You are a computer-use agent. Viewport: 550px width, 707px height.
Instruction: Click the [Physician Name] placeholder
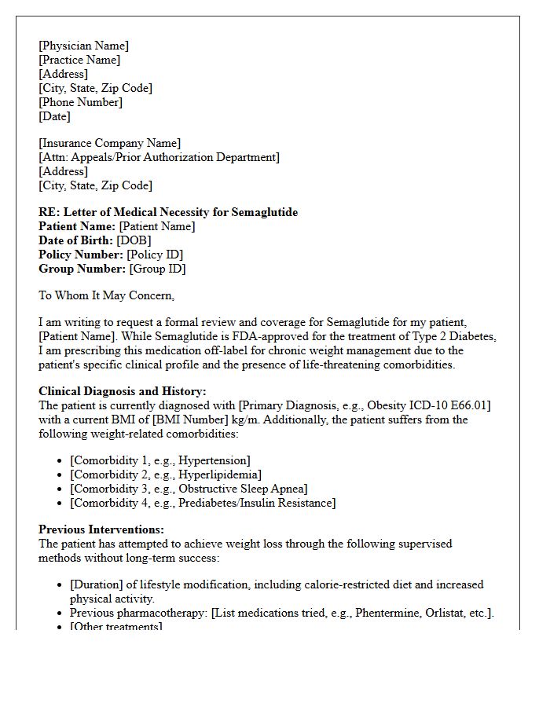click(x=83, y=46)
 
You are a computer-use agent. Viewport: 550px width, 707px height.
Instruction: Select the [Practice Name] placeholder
click(x=79, y=60)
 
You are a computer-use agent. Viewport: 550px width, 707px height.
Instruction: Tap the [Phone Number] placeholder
click(x=80, y=102)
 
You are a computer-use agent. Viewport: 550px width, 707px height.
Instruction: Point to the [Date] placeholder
click(x=54, y=116)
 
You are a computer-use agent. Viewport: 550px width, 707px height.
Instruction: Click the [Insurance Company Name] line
click(x=109, y=143)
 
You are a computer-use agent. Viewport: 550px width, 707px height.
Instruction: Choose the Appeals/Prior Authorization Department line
click(x=159, y=157)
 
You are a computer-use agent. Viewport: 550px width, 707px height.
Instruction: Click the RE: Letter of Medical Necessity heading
click(x=168, y=212)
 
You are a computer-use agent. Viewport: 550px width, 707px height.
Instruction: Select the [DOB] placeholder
click(x=134, y=240)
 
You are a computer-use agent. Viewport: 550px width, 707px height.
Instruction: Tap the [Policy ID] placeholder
click(x=156, y=255)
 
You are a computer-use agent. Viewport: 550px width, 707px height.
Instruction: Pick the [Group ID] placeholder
click(x=157, y=269)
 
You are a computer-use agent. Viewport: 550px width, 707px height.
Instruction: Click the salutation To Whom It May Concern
click(x=106, y=295)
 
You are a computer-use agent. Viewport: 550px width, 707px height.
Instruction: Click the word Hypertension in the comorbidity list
click(x=213, y=460)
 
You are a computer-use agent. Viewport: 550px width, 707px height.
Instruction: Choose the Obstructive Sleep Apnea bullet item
click(x=189, y=489)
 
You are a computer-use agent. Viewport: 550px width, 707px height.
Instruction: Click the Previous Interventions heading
click(x=101, y=529)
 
